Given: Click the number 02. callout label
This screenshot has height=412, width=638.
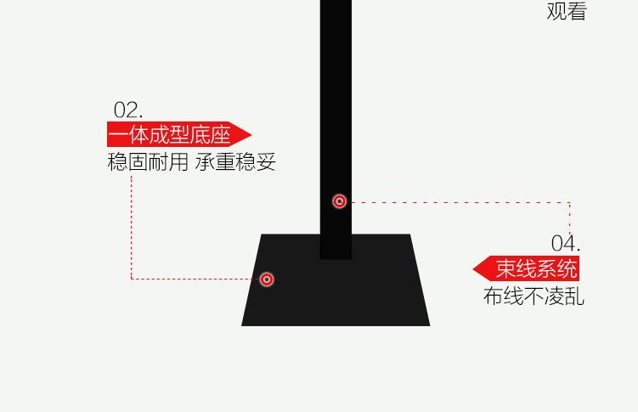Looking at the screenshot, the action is (x=128, y=110).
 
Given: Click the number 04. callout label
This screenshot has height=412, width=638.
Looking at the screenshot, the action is (x=566, y=243).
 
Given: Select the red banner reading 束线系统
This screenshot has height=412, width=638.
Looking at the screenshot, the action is (x=535, y=269).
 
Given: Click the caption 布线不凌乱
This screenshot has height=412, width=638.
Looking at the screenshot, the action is (x=534, y=296).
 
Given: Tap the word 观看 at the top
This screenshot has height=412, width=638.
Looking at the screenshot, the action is (x=566, y=11).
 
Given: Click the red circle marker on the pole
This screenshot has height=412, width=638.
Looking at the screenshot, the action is (x=340, y=201).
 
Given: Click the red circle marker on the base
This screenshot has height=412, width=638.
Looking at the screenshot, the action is (x=267, y=279).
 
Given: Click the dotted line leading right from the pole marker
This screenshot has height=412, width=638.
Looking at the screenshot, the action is (x=459, y=202).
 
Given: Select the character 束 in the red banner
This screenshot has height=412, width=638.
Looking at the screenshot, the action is (x=506, y=269).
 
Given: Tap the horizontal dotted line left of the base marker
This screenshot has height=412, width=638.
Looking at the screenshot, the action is (x=195, y=279).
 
